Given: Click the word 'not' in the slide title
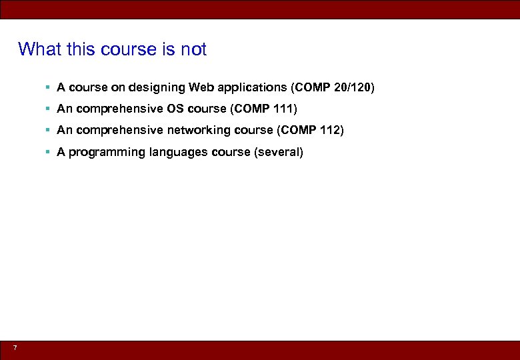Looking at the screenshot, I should coord(193,49).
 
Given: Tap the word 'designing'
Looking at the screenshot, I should coord(157,87).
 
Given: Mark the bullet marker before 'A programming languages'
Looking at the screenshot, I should coord(48,152).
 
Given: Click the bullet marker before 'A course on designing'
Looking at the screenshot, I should coord(48,87).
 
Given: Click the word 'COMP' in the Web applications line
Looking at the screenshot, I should coord(311,87).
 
